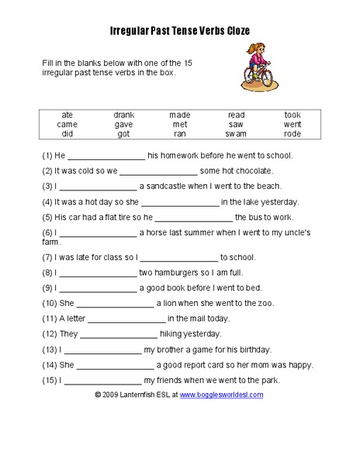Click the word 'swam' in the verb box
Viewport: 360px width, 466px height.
coord(236,134)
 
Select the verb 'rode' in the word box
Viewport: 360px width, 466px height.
coord(292,134)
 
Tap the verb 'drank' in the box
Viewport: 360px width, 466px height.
coord(124,115)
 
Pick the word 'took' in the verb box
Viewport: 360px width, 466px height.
coord(292,115)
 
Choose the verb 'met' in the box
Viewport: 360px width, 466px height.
coord(180,124)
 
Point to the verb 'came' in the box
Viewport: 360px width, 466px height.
coord(67,124)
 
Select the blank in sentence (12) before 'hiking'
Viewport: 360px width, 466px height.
coord(119,335)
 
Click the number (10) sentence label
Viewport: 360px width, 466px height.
coord(50,303)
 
